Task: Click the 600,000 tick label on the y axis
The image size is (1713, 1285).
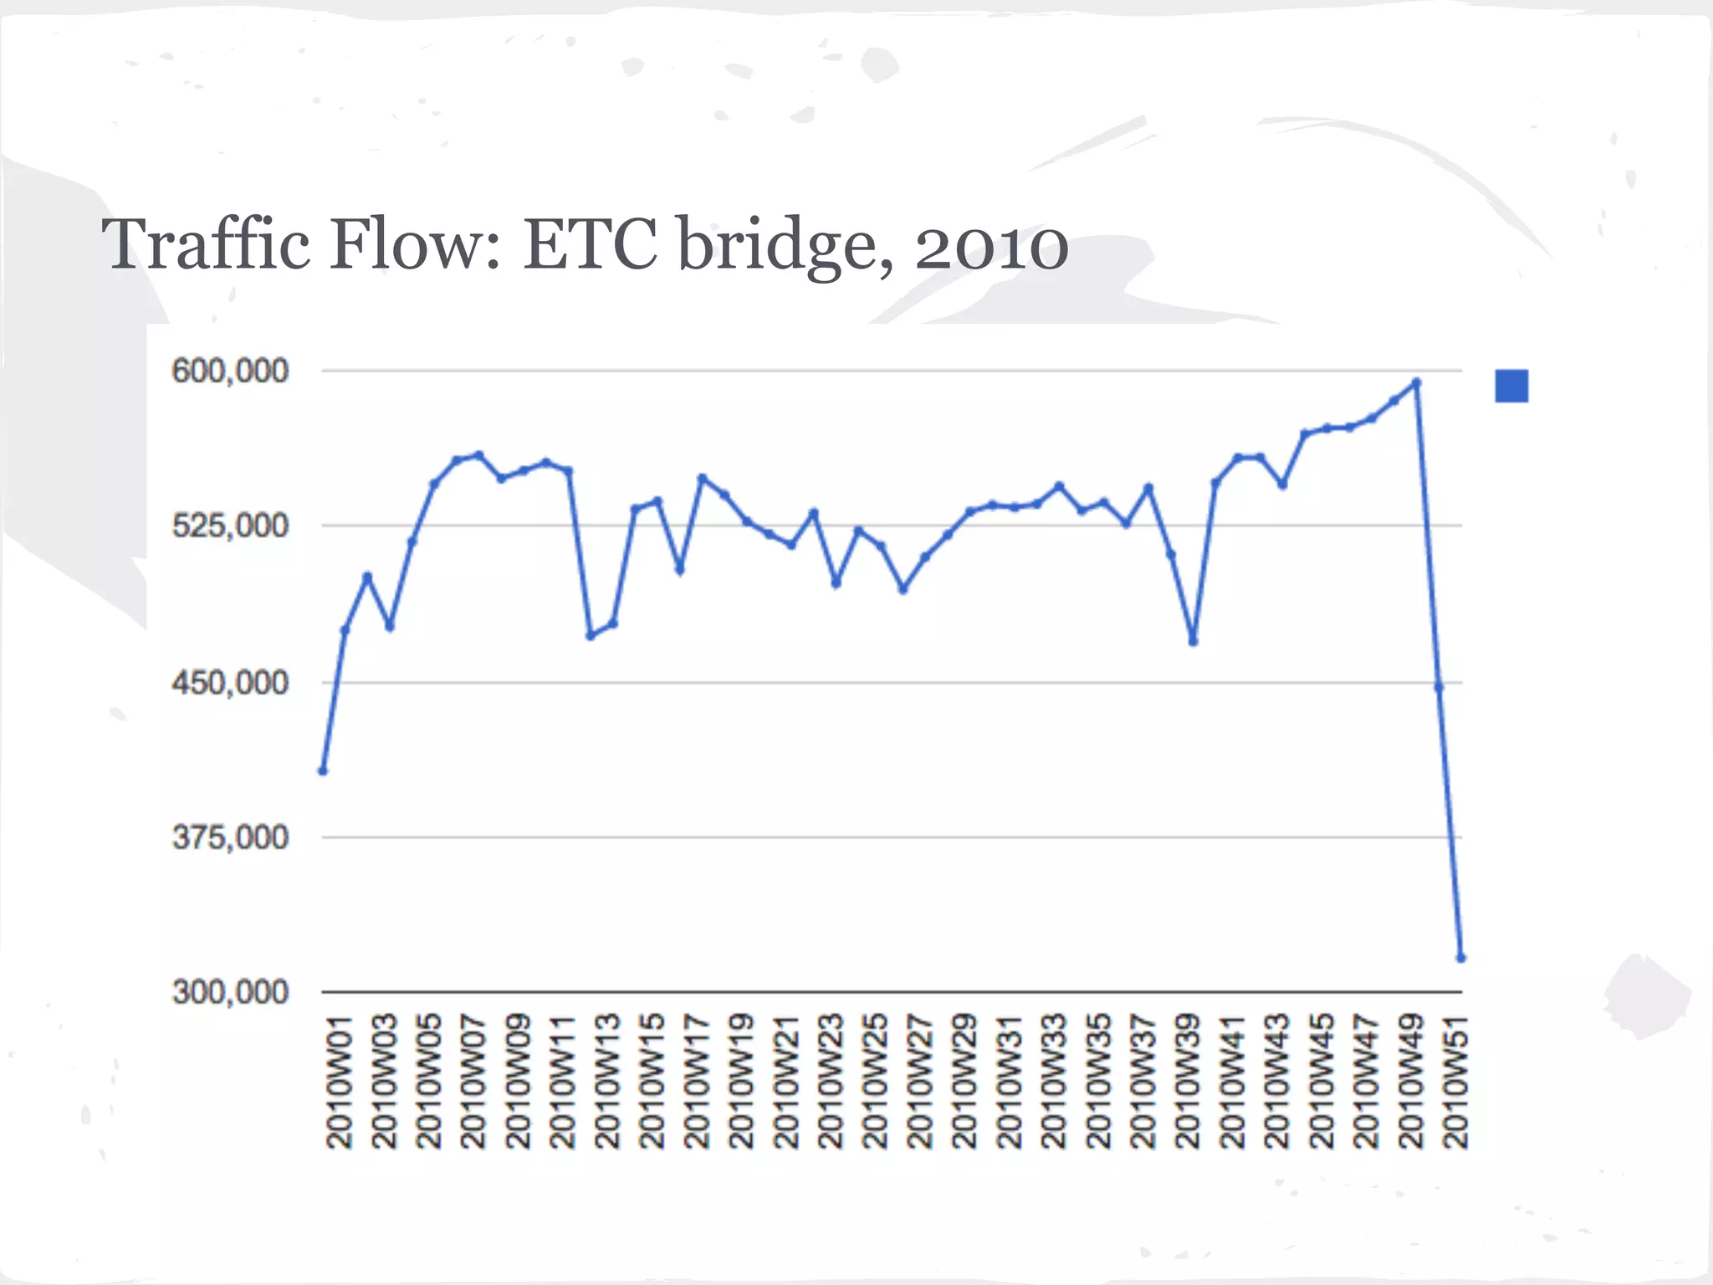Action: [x=230, y=371]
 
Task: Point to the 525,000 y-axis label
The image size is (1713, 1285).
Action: [x=230, y=526]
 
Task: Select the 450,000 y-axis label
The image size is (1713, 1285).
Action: [x=230, y=683]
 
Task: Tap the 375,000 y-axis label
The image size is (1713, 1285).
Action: [x=230, y=837]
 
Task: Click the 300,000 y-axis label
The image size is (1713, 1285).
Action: [x=230, y=992]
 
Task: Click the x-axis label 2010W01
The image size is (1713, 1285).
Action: [x=340, y=1081]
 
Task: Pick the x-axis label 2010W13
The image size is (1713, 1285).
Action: [x=607, y=1081]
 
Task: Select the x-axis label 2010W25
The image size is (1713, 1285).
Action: [x=875, y=1081]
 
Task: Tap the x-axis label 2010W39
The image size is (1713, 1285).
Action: [x=1188, y=1081]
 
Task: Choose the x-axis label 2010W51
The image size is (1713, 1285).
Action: [x=1455, y=1081]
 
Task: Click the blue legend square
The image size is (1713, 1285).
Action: [x=1511, y=387]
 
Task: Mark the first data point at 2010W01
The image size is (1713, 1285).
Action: [x=323, y=770]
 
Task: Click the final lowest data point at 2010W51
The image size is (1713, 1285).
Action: [x=1461, y=958]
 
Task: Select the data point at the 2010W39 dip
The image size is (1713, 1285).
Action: [x=1194, y=642]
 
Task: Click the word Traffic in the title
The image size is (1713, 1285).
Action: [x=206, y=244]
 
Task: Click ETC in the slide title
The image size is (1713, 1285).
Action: [x=591, y=244]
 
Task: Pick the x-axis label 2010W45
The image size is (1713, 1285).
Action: [x=1322, y=1081]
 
